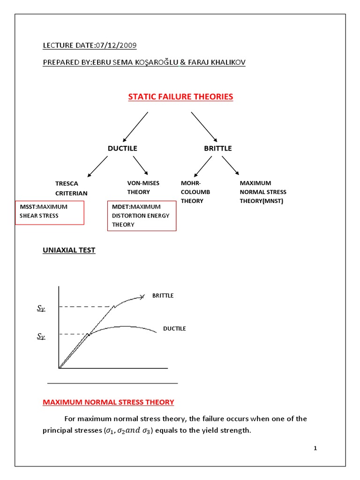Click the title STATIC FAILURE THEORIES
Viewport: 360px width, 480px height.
coord(180,97)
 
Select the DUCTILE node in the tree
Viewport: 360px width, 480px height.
coord(122,148)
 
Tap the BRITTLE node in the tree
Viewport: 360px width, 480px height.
coord(217,148)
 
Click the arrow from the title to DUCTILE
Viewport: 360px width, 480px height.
coord(135,127)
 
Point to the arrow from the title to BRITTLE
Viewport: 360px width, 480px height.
coord(204,127)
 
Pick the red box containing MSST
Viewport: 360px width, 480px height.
coord(50,213)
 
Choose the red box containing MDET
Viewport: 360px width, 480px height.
coord(142,216)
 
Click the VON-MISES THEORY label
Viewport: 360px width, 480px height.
coord(143,187)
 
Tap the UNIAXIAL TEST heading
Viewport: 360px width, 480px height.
coord(69,250)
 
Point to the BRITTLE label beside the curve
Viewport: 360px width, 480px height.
coord(163,296)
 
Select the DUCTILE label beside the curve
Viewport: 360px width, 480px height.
coord(174,329)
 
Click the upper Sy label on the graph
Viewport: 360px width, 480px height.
coord(41,308)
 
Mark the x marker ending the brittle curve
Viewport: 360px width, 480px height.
coord(142,297)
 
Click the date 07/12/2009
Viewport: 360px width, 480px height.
coord(116,45)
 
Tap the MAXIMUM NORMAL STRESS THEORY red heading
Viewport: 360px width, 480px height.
coord(108,402)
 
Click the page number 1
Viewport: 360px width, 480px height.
coord(315,449)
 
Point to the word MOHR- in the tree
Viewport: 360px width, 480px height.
coord(189,183)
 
